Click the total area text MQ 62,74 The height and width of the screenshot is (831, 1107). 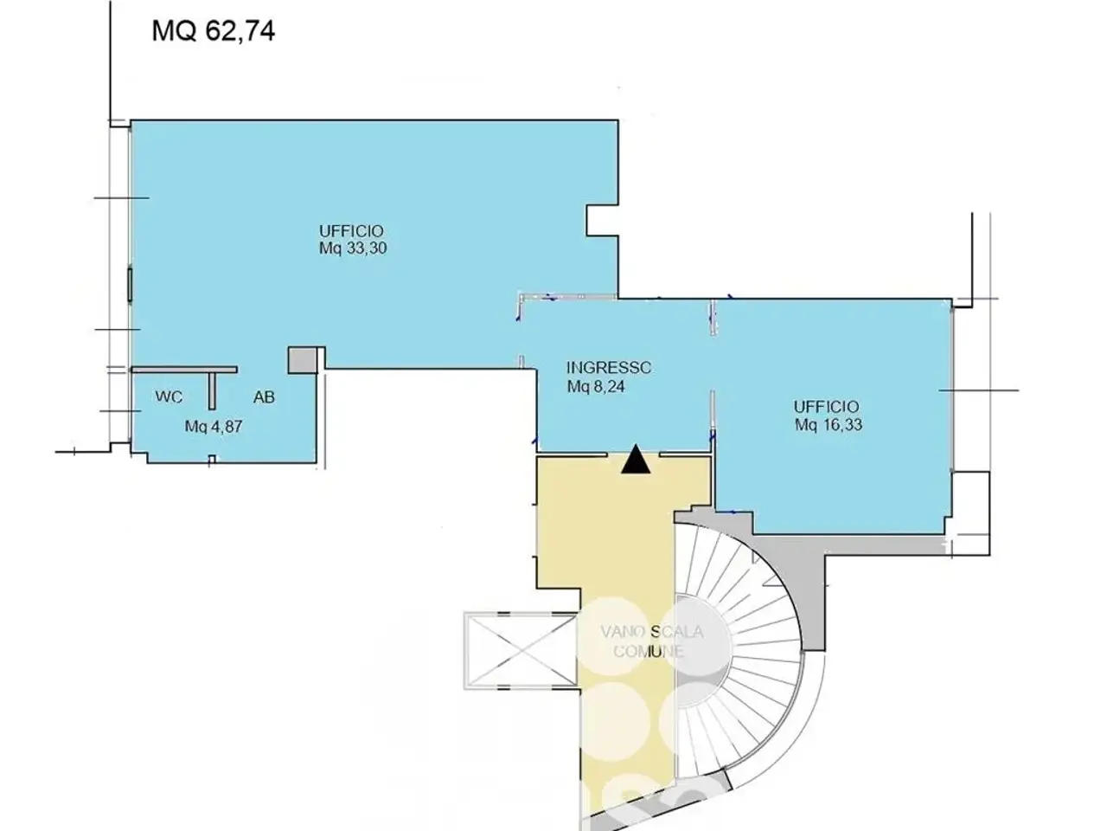(x=214, y=31)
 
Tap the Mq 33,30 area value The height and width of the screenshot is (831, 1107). (x=353, y=248)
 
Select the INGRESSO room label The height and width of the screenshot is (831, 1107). (x=609, y=367)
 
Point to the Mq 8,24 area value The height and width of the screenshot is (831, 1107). (x=596, y=386)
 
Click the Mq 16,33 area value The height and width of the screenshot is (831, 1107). (x=829, y=425)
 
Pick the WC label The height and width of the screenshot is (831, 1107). (x=169, y=397)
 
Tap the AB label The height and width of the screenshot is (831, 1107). (x=265, y=397)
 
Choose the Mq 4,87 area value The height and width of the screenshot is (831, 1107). (x=214, y=427)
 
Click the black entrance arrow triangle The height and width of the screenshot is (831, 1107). (x=636, y=459)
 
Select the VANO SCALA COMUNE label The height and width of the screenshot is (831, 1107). (x=651, y=641)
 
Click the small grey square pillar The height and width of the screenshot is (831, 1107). (x=302, y=360)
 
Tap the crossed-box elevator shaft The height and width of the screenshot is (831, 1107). (x=521, y=651)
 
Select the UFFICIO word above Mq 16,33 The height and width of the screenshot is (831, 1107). (x=826, y=407)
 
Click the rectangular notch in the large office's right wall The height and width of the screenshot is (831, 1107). (x=602, y=221)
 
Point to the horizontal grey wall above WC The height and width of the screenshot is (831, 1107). (x=184, y=370)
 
